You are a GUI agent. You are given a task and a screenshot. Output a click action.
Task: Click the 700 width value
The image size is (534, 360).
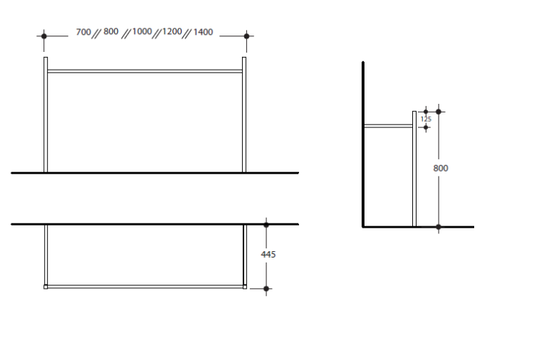pyautogui.click(x=83, y=32)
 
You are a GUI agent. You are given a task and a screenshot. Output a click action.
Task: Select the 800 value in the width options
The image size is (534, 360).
pyautogui.click(x=111, y=31)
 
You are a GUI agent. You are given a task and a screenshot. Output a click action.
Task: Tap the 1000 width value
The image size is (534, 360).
pyautogui.click(x=142, y=31)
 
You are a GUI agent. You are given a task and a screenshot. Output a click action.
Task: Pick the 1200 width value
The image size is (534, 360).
pyautogui.click(x=172, y=31)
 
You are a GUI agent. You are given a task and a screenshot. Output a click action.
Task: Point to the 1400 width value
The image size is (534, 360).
pyautogui.click(x=203, y=32)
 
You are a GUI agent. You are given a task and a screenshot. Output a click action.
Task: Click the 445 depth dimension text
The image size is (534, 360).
pyautogui.click(x=268, y=255)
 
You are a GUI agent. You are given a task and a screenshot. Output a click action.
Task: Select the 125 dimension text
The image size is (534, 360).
pyautogui.click(x=426, y=119)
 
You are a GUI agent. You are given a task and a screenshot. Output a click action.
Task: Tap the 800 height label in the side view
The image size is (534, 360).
pyautogui.click(x=441, y=168)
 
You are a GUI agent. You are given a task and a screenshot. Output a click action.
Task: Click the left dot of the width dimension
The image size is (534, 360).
pyautogui.click(x=44, y=36)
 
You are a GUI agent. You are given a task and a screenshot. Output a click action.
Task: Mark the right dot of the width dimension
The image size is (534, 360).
pyautogui.click(x=247, y=36)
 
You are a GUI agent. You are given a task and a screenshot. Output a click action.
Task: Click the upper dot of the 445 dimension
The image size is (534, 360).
pyautogui.click(x=266, y=225)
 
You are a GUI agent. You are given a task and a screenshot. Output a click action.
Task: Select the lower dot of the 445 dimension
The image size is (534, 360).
pyautogui.click(x=266, y=289)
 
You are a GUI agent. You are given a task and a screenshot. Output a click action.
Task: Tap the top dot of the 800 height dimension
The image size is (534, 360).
pyautogui.click(x=439, y=112)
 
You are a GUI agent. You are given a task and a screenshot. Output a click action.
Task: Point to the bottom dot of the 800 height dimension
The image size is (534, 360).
pyautogui.click(x=439, y=227)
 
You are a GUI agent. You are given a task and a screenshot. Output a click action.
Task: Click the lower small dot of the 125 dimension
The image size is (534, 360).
pyautogui.click(x=426, y=127)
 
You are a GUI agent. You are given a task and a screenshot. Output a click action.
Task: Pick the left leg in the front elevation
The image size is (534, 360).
pyautogui.click(x=46, y=115)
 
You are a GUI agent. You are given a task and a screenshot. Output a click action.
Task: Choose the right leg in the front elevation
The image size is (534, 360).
pyautogui.click(x=244, y=115)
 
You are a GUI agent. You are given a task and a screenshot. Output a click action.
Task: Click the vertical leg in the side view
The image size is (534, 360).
pyautogui.click(x=414, y=169)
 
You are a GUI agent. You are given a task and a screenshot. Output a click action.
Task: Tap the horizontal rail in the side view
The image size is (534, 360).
pyautogui.click(x=388, y=126)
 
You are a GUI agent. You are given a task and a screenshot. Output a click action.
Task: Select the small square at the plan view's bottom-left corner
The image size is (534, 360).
pyautogui.click(x=46, y=287)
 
